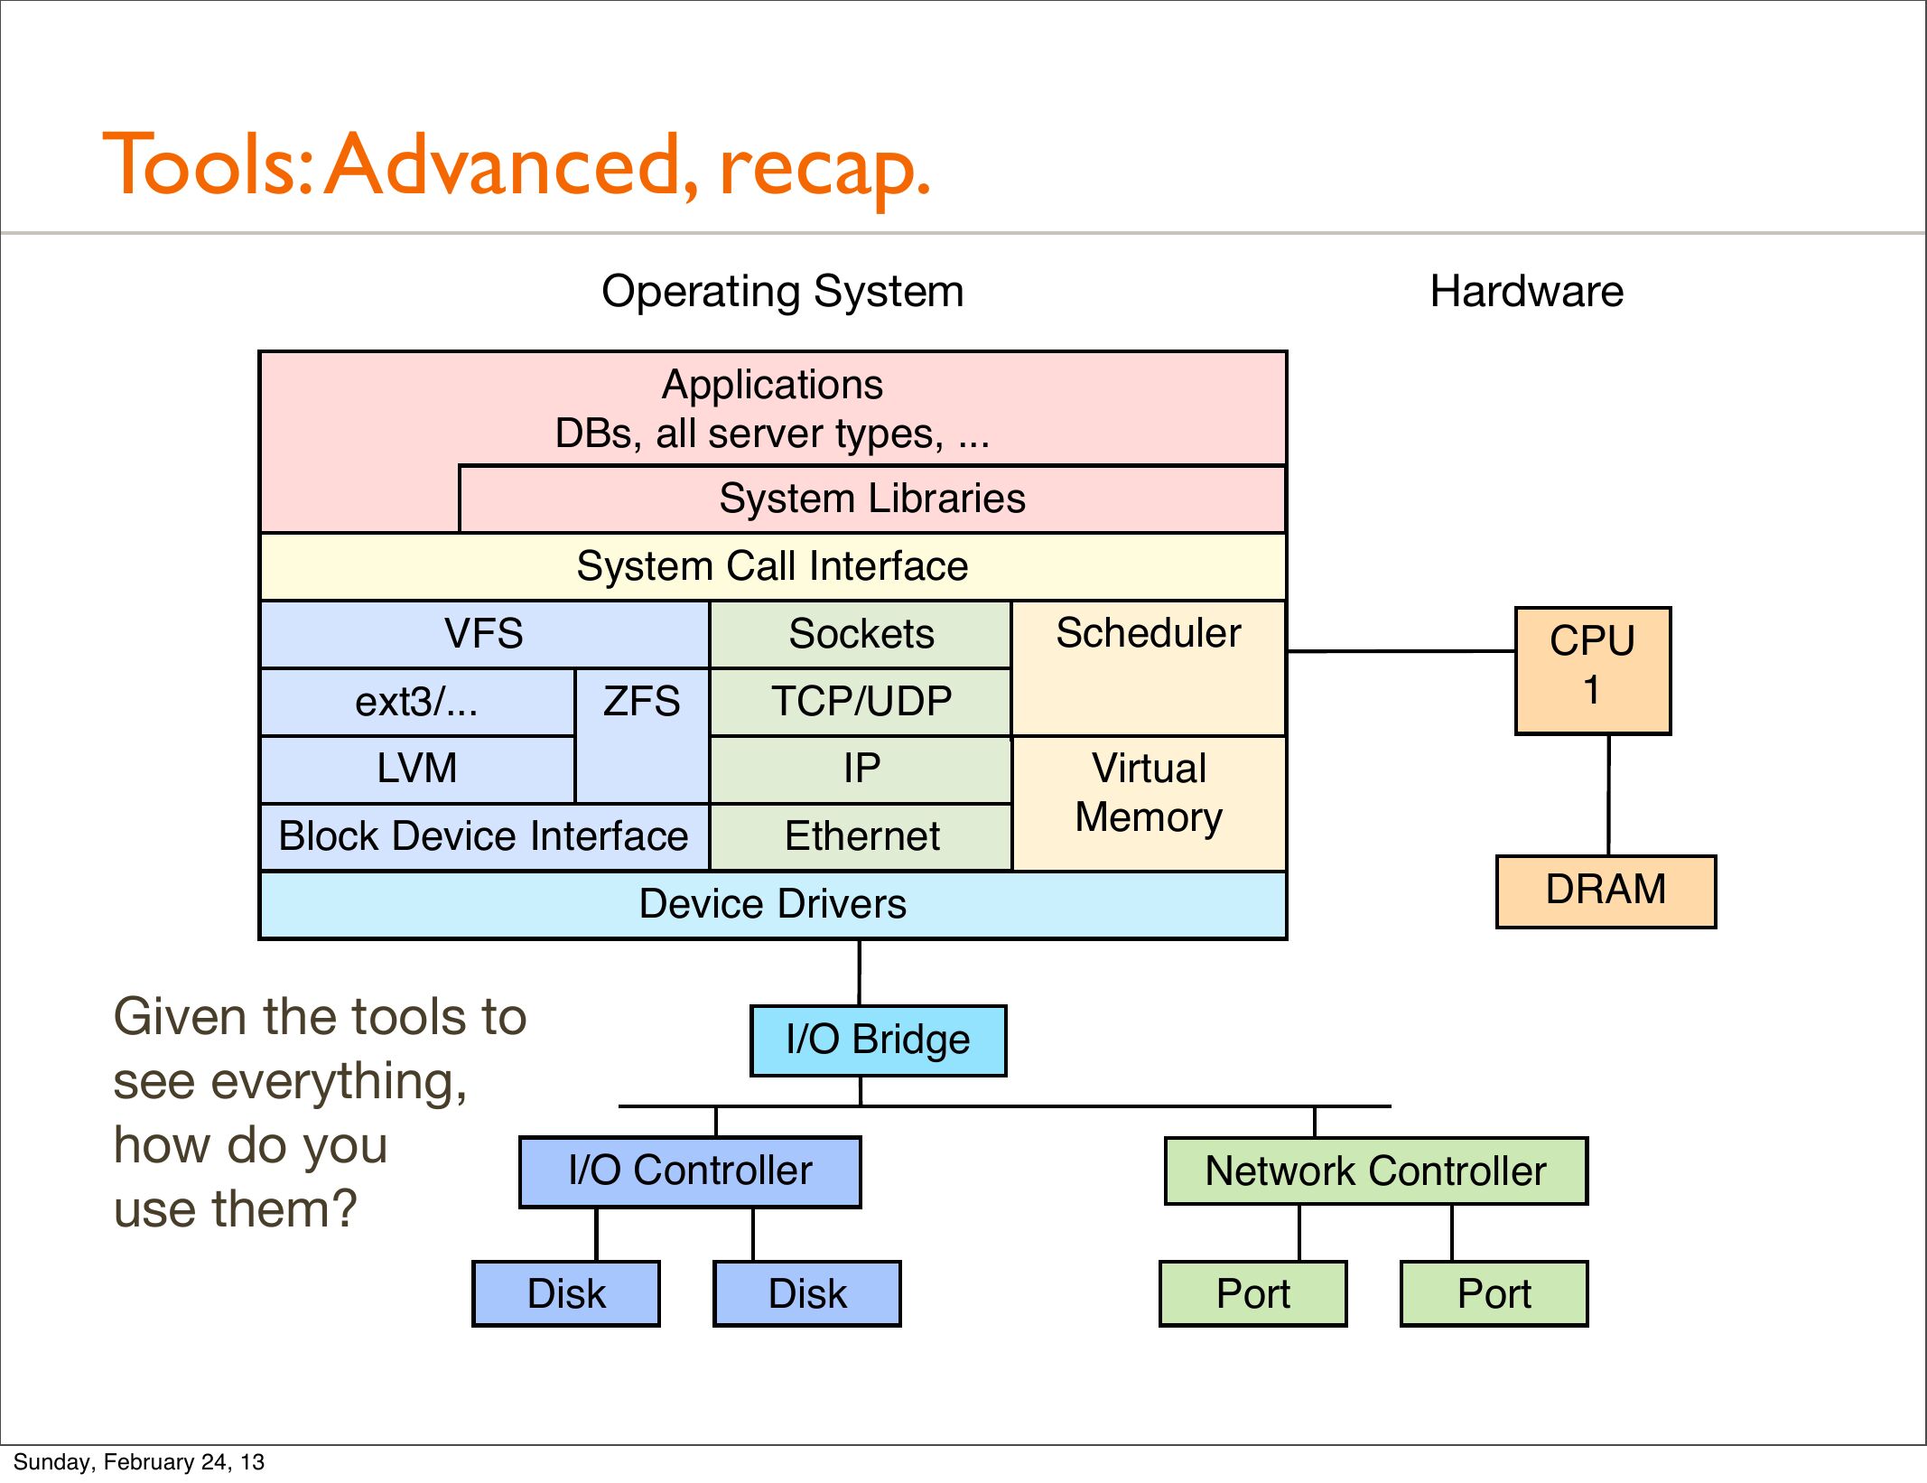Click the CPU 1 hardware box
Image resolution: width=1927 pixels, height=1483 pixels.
(x=1593, y=670)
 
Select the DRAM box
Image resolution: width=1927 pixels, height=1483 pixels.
(x=1606, y=891)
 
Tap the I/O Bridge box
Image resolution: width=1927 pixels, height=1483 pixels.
(x=878, y=1040)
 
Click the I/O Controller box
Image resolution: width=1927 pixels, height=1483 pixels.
(x=690, y=1171)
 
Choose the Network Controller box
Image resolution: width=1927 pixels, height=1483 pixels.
(x=1375, y=1171)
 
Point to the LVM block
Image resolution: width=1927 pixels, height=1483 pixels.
(x=416, y=769)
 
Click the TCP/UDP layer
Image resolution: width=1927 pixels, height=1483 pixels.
(x=861, y=702)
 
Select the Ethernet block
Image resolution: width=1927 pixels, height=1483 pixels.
(x=861, y=837)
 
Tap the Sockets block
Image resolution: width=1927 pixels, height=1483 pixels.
(x=861, y=634)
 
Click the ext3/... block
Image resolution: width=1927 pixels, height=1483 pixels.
(x=416, y=702)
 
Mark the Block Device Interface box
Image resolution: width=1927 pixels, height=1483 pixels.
(x=484, y=837)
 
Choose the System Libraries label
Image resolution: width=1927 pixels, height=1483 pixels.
(x=872, y=499)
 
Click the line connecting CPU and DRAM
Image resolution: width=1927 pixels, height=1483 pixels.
(x=1608, y=795)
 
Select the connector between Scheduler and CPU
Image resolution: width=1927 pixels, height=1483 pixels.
(x=1400, y=650)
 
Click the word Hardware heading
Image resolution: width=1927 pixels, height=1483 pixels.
(x=1526, y=292)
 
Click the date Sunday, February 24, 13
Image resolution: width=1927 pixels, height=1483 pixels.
(x=138, y=1461)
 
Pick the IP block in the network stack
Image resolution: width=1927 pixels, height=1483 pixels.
(x=861, y=769)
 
